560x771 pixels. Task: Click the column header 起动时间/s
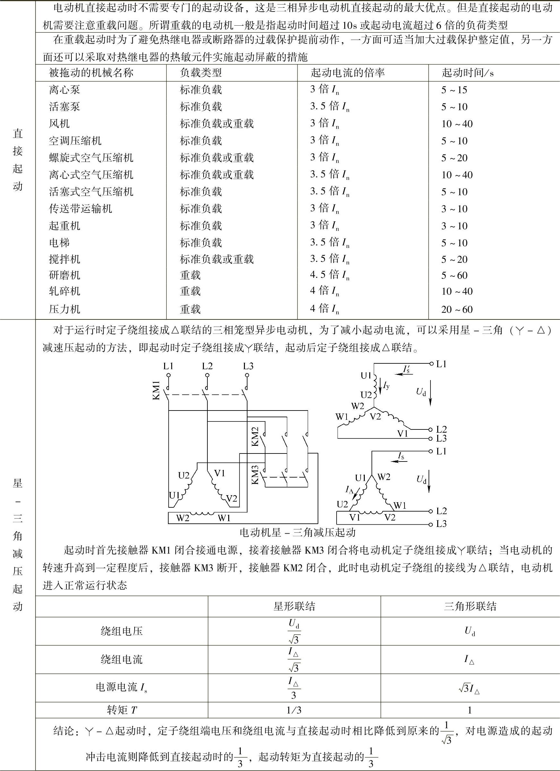467,73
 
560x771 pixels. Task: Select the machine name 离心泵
64,90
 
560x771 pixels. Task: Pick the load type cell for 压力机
190,309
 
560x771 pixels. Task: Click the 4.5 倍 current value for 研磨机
329,275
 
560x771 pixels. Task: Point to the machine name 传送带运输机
80,209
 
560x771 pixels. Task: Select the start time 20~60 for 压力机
457,309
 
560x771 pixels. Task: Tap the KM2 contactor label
255,436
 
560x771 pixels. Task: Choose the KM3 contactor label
255,475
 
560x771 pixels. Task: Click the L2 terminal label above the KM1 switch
207,366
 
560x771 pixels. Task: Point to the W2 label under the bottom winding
182,518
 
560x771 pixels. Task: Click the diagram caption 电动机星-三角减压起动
297,532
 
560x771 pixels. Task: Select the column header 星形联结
294,606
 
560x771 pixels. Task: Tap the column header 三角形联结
470,606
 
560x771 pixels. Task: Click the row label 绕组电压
121,631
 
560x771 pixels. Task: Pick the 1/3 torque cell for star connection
294,710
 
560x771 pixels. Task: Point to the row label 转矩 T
121,710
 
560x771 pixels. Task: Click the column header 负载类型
200,73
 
